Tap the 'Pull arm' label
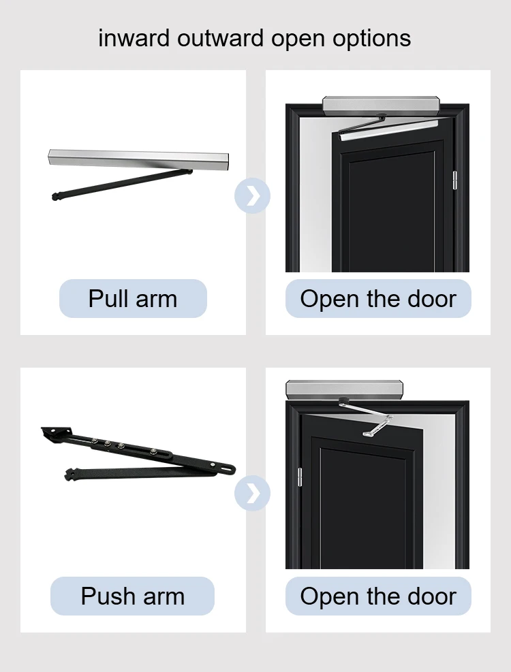tap(133, 299)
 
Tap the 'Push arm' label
tap(133, 596)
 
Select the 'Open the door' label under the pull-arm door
tap(378, 299)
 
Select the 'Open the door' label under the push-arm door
tap(378, 596)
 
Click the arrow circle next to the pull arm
tap(252, 196)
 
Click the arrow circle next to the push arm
tap(252, 494)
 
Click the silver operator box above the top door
tap(380, 105)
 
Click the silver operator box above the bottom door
tap(345, 390)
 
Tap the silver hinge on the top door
tap(455, 180)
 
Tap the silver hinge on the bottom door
tap(299, 477)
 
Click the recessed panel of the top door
tap(392, 211)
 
